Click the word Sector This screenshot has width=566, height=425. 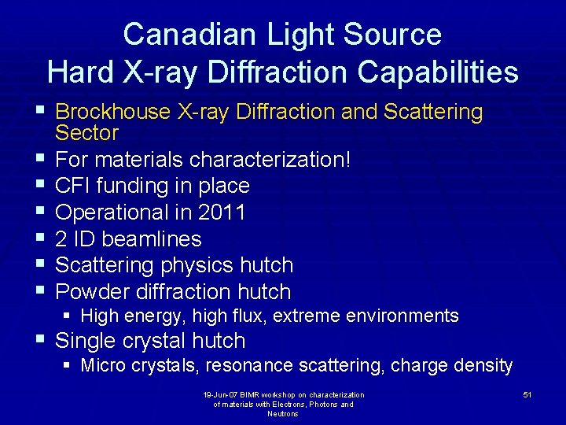tap(86, 133)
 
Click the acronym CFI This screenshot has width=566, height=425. tap(73, 187)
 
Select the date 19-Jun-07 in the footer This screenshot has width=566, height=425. tap(219, 395)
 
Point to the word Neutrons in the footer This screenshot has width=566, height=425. tap(283, 414)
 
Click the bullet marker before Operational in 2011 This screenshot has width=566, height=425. tap(40, 212)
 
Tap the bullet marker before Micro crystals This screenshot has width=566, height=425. tap(68, 365)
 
